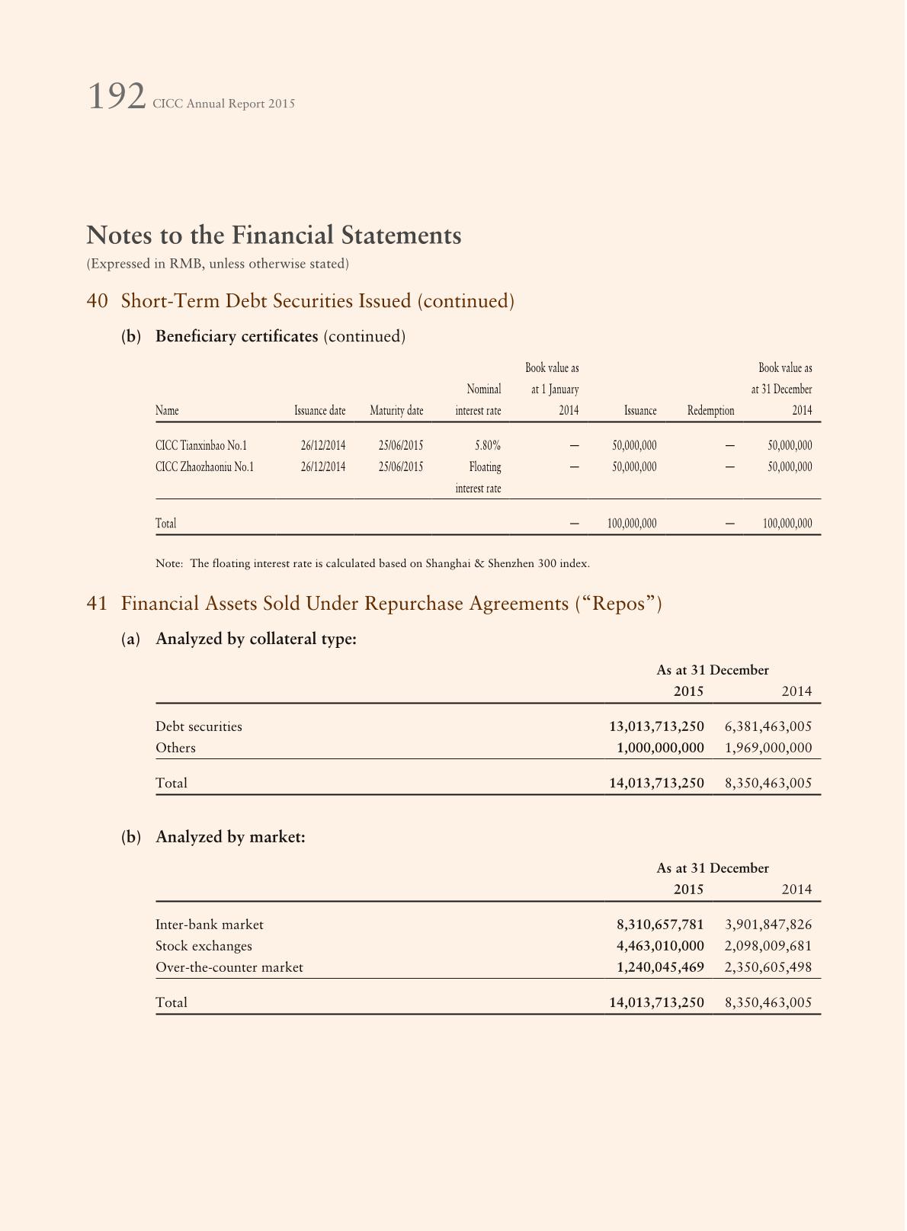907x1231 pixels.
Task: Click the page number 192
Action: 116,98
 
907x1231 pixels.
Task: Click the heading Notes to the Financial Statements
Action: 274,235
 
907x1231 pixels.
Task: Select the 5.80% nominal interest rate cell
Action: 487,446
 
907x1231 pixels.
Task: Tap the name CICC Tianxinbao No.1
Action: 201,446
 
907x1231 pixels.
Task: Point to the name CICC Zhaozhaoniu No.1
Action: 204,467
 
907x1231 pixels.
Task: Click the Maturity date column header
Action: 396,411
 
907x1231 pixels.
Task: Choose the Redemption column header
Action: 710,411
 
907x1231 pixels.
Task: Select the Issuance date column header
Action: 320,411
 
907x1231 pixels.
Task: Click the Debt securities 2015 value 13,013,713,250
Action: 656,726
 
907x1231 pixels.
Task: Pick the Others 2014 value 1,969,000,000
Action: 768,748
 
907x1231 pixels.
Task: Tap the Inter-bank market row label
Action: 210,925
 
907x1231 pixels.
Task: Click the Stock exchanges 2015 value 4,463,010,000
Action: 660,946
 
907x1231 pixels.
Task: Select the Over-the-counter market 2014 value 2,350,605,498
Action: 768,967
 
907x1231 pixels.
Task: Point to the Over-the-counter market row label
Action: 229,967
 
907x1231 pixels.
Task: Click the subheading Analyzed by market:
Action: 230,837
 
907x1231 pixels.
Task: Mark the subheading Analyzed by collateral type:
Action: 256,639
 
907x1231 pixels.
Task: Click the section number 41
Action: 97,604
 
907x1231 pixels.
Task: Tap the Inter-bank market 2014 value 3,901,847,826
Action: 768,925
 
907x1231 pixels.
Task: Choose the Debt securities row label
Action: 199,726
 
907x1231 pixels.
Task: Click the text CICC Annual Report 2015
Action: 223,104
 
